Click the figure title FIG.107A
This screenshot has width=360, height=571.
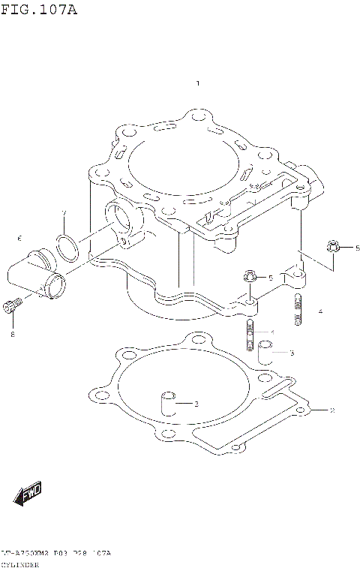coord(39,11)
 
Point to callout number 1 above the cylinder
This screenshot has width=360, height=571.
coord(197,84)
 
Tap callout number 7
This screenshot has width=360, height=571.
coord(64,212)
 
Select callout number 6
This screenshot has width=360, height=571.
coord(19,239)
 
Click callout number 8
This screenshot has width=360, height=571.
coord(13,335)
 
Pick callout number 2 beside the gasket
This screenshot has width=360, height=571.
coord(331,410)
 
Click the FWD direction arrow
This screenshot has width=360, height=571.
coord(28,494)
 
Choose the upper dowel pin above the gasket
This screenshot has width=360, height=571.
coord(264,350)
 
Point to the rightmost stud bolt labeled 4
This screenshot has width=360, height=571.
coord(298,309)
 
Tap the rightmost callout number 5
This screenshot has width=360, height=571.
coord(357,248)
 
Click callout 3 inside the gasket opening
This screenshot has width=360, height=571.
coord(196,404)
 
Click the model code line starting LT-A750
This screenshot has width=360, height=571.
coord(56,553)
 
